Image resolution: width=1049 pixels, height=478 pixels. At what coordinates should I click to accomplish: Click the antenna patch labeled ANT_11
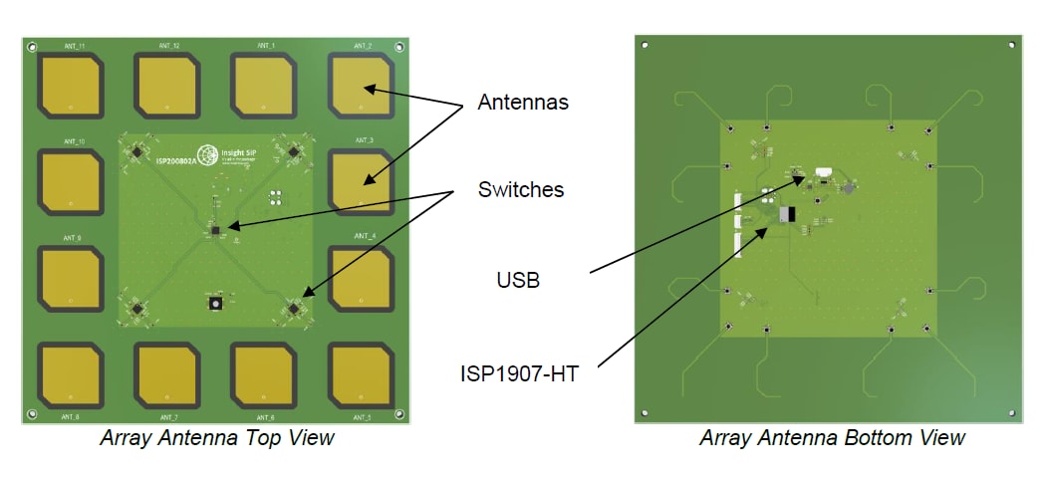pyautogui.click(x=70, y=86)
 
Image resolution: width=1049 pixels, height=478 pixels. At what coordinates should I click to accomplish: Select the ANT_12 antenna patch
pyautogui.click(x=167, y=86)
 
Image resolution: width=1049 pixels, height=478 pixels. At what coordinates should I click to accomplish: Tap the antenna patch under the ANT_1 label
pyautogui.click(x=265, y=86)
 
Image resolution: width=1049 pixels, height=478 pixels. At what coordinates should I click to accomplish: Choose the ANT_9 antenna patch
pyautogui.click(x=70, y=278)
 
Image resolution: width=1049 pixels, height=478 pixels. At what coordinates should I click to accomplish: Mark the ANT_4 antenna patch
pyautogui.click(x=362, y=278)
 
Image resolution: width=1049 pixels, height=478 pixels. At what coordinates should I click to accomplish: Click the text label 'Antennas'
pyautogui.click(x=522, y=102)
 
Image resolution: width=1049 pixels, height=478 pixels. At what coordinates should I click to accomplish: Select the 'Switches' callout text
pyautogui.click(x=520, y=189)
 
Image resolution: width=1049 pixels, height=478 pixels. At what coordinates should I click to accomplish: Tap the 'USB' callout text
pyautogui.click(x=518, y=280)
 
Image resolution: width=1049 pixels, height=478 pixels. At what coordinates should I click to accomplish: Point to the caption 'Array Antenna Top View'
pyautogui.click(x=216, y=437)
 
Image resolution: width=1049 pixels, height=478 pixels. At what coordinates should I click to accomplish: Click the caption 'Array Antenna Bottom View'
pyautogui.click(x=832, y=437)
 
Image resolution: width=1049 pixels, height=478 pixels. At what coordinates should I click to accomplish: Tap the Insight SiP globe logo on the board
pyautogui.click(x=208, y=155)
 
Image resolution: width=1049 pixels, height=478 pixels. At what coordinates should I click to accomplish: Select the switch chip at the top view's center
pyautogui.click(x=216, y=230)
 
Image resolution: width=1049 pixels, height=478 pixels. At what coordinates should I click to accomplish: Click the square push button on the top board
pyautogui.click(x=213, y=303)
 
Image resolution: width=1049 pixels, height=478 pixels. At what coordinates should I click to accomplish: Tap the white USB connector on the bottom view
pyautogui.click(x=823, y=172)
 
